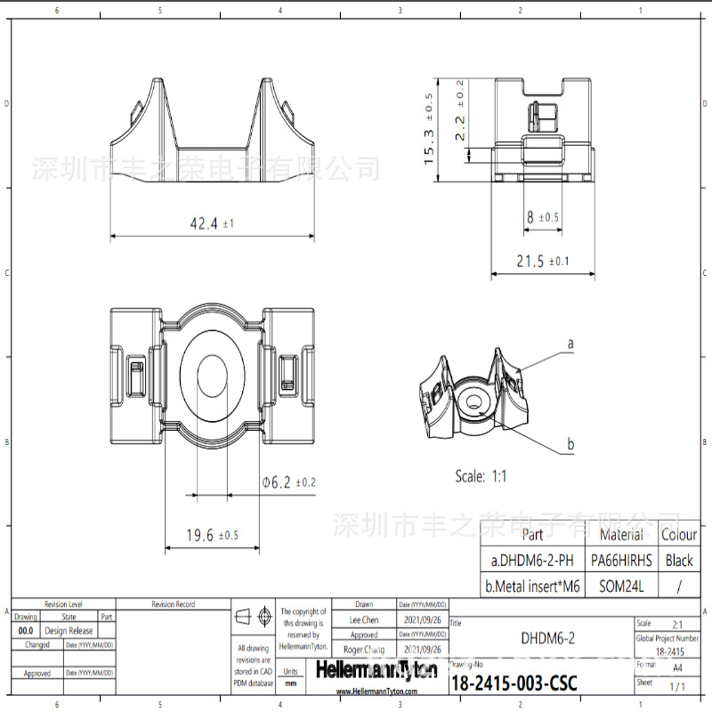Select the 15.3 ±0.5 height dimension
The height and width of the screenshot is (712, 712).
point(429,130)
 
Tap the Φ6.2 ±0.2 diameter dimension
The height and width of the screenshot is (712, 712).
point(288,481)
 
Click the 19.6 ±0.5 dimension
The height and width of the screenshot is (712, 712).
point(211,535)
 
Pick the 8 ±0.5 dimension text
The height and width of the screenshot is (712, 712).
point(542,216)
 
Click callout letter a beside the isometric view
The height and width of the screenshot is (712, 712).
point(570,343)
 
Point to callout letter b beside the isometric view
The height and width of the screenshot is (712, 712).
point(570,444)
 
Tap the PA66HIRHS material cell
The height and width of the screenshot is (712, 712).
point(621,561)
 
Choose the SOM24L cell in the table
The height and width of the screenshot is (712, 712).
point(621,587)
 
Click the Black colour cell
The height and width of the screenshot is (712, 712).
point(679,561)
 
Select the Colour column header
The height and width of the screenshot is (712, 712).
point(679,535)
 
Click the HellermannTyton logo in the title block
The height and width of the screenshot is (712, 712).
point(377,670)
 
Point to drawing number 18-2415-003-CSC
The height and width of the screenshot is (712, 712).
point(514,684)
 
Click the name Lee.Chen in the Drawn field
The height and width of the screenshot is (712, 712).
point(363,619)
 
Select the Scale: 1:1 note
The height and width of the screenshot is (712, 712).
point(481,476)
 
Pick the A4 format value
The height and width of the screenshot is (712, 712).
point(678,667)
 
